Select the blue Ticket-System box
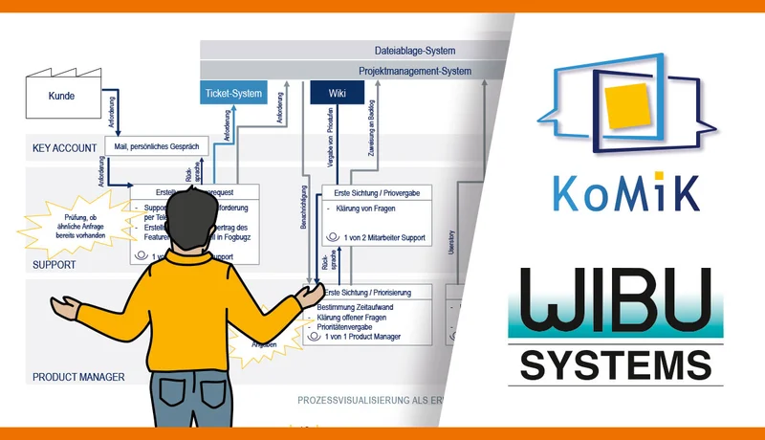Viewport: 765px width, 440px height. point(232,93)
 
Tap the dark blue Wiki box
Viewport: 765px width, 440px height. point(338,93)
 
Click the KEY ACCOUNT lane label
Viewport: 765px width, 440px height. point(64,148)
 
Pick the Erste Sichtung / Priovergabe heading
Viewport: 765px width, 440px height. point(377,193)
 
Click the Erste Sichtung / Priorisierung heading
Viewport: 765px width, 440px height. point(376,293)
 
